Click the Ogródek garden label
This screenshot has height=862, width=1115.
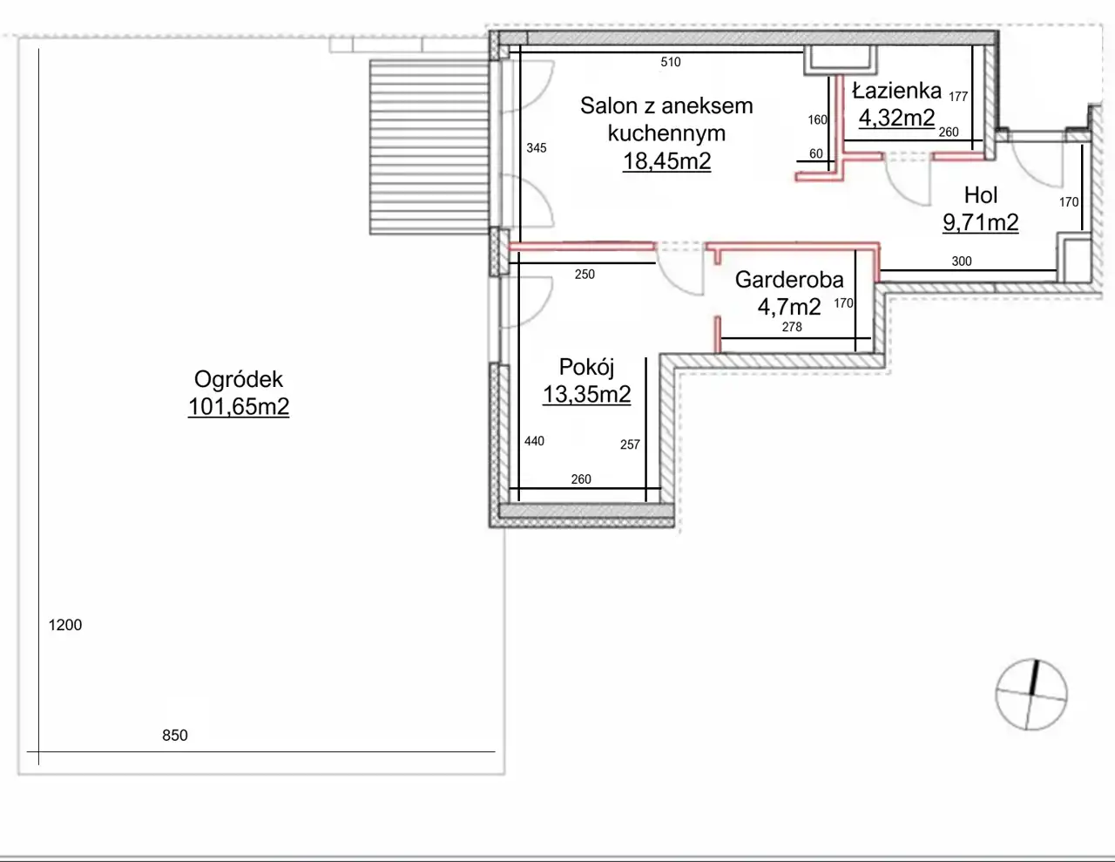tap(238, 379)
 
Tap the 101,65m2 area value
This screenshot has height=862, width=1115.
tap(239, 407)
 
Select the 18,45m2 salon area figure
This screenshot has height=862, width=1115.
tap(666, 161)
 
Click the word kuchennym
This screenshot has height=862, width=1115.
tap(666, 133)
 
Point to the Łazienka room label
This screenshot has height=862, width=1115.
tap(897, 91)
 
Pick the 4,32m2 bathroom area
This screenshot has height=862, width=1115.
tap(897, 118)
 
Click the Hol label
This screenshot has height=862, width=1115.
tap(981, 195)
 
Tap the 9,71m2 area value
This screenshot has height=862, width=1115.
tap(981, 223)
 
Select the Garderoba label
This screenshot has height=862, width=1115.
tap(789, 280)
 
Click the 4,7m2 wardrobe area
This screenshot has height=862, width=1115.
tap(789, 307)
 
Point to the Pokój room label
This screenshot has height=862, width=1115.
tap(586, 367)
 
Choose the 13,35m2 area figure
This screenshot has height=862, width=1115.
tap(586, 394)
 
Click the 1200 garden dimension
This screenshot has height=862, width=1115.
tap(65, 625)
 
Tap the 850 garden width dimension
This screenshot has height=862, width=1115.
tap(175, 736)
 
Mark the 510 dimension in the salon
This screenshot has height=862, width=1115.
tap(671, 62)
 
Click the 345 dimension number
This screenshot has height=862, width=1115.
tap(537, 148)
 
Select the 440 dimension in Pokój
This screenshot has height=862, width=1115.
tap(534, 441)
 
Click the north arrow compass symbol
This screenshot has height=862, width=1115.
tap(1031, 695)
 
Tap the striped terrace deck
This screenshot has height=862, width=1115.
tap(429, 146)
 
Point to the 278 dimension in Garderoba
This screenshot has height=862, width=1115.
tap(792, 327)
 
